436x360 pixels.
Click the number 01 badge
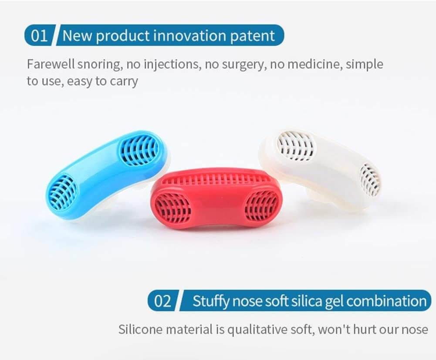pos(39,35)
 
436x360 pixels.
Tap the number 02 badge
pos(162,301)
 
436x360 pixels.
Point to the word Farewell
pos(51,64)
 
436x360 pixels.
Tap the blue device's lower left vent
pos(62,192)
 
